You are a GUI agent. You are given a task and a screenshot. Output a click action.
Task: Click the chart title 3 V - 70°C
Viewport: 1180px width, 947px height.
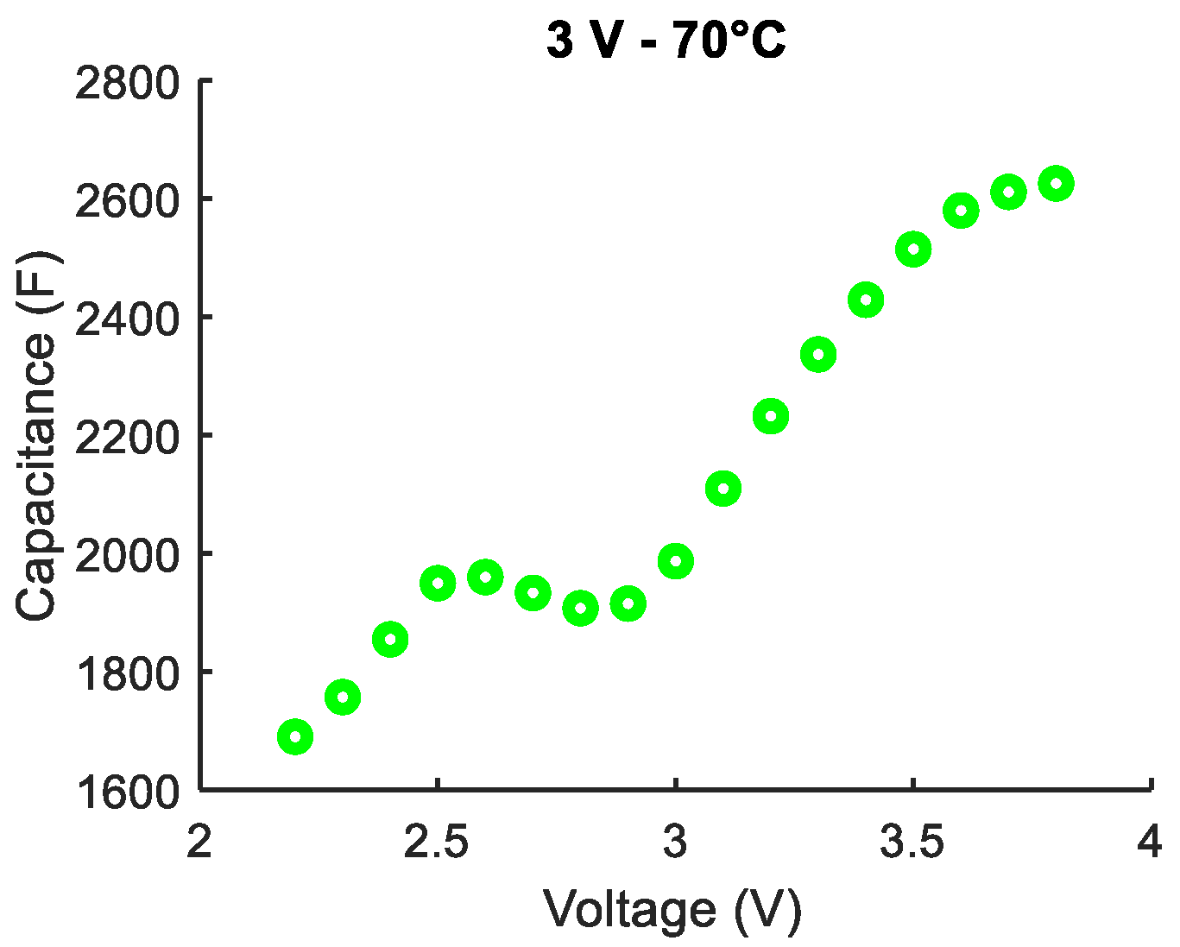tap(666, 41)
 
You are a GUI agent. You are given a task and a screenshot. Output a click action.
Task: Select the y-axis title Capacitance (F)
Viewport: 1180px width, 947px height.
tap(36, 435)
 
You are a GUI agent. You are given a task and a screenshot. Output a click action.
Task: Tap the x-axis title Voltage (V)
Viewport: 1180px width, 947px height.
tap(672, 909)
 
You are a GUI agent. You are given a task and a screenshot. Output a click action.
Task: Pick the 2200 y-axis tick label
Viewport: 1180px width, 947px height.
tap(127, 438)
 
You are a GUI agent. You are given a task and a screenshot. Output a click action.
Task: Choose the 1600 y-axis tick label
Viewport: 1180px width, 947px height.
tap(127, 792)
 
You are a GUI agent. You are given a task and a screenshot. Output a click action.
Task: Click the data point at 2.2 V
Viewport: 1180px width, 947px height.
tap(295, 737)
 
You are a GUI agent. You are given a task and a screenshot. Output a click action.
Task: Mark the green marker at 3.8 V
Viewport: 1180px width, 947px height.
tap(1056, 183)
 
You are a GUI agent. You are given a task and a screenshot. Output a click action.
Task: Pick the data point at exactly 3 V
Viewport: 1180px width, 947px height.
tap(676, 562)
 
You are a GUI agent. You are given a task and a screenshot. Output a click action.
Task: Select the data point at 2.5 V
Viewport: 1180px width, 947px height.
tap(438, 584)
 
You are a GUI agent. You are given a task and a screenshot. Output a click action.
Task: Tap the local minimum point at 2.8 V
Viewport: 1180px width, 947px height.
tap(580, 609)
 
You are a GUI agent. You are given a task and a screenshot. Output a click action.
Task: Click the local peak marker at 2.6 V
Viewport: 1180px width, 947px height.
tap(485, 577)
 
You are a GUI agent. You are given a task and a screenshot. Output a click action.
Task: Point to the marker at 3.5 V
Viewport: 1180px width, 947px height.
tap(913, 250)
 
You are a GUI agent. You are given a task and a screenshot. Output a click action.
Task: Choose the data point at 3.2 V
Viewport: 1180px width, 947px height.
tap(771, 417)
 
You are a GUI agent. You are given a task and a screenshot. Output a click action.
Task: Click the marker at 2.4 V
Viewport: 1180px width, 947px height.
tap(390, 640)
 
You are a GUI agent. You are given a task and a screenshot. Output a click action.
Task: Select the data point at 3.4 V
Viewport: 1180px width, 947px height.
tap(866, 300)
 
